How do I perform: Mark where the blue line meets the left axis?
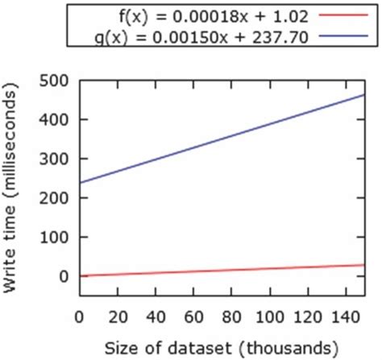[x=79, y=182]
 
